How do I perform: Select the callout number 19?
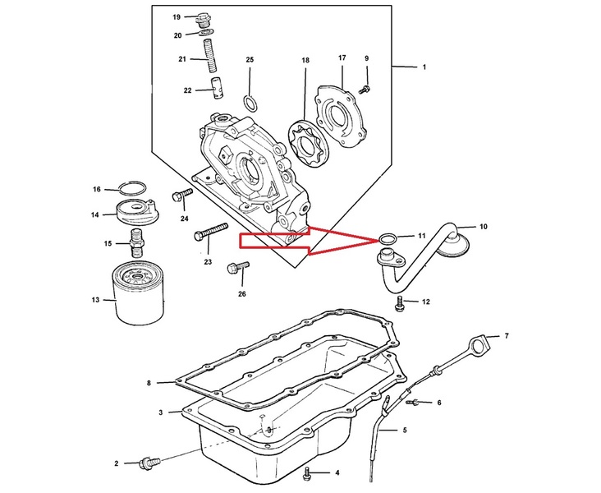pos(177,17)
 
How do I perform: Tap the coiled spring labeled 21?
pos(210,56)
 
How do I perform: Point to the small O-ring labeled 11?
pos(387,238)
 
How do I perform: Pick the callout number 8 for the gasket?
pos(149,383)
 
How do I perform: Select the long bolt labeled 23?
pos(211,232)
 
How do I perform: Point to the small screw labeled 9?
pos(364,90)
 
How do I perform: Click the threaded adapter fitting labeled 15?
pos(136,243)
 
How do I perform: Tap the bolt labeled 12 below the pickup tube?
pos(399,302)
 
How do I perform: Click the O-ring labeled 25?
pos(250,103)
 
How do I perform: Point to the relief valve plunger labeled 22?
pos(218,89)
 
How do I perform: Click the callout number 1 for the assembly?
pos(424,67)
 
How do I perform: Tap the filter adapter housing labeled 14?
pos(137,212)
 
